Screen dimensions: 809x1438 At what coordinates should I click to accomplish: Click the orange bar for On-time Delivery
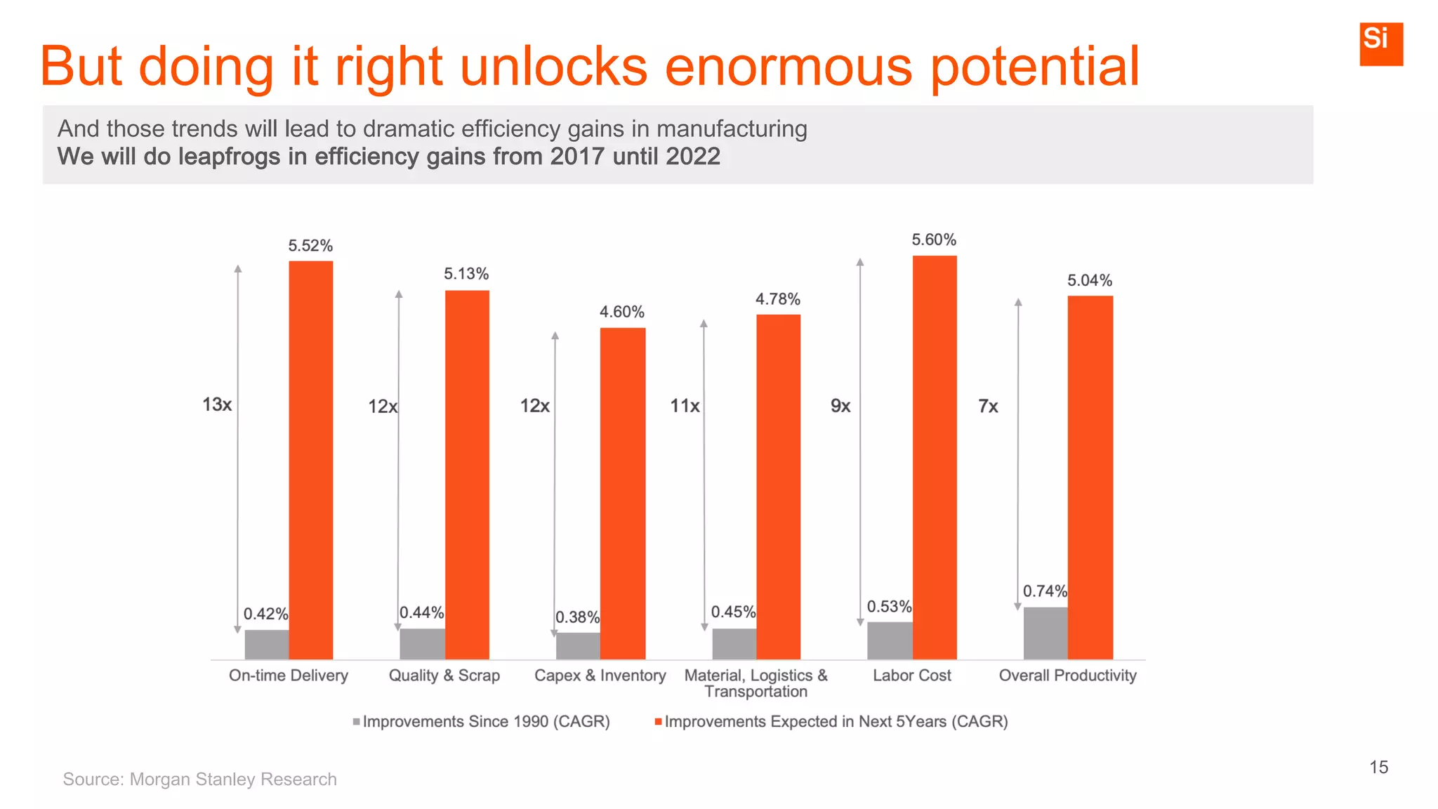point(311,460)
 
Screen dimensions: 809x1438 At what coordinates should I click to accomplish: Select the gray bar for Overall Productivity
point(1045,633)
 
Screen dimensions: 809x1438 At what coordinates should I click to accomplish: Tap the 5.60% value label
point(934,240)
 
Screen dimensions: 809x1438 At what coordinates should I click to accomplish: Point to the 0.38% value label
point(577,617)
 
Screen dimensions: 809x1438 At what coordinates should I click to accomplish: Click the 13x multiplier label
point(217,404)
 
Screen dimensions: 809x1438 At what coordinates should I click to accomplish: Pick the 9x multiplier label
point(840,406)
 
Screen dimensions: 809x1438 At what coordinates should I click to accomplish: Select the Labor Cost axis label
point(911,676)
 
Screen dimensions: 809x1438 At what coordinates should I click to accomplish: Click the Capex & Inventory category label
point(600,676)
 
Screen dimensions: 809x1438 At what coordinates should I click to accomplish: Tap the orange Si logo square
point(1380,44)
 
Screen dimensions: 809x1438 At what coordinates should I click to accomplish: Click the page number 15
point(1378,767)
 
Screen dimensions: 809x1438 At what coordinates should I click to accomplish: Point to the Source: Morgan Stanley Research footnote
point(199,780)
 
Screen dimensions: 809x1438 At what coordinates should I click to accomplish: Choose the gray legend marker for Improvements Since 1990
point(357,722)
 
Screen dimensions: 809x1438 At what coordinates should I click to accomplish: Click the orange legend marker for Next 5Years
point(658,722)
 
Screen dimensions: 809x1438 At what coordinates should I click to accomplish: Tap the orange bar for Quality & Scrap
point(467,474)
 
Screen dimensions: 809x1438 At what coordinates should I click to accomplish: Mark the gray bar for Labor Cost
point(890,640)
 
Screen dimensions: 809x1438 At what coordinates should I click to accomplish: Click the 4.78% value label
point(777,300)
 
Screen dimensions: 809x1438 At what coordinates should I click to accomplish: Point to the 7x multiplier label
point(988,407)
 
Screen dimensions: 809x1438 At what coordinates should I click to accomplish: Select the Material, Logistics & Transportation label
point(756,683)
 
